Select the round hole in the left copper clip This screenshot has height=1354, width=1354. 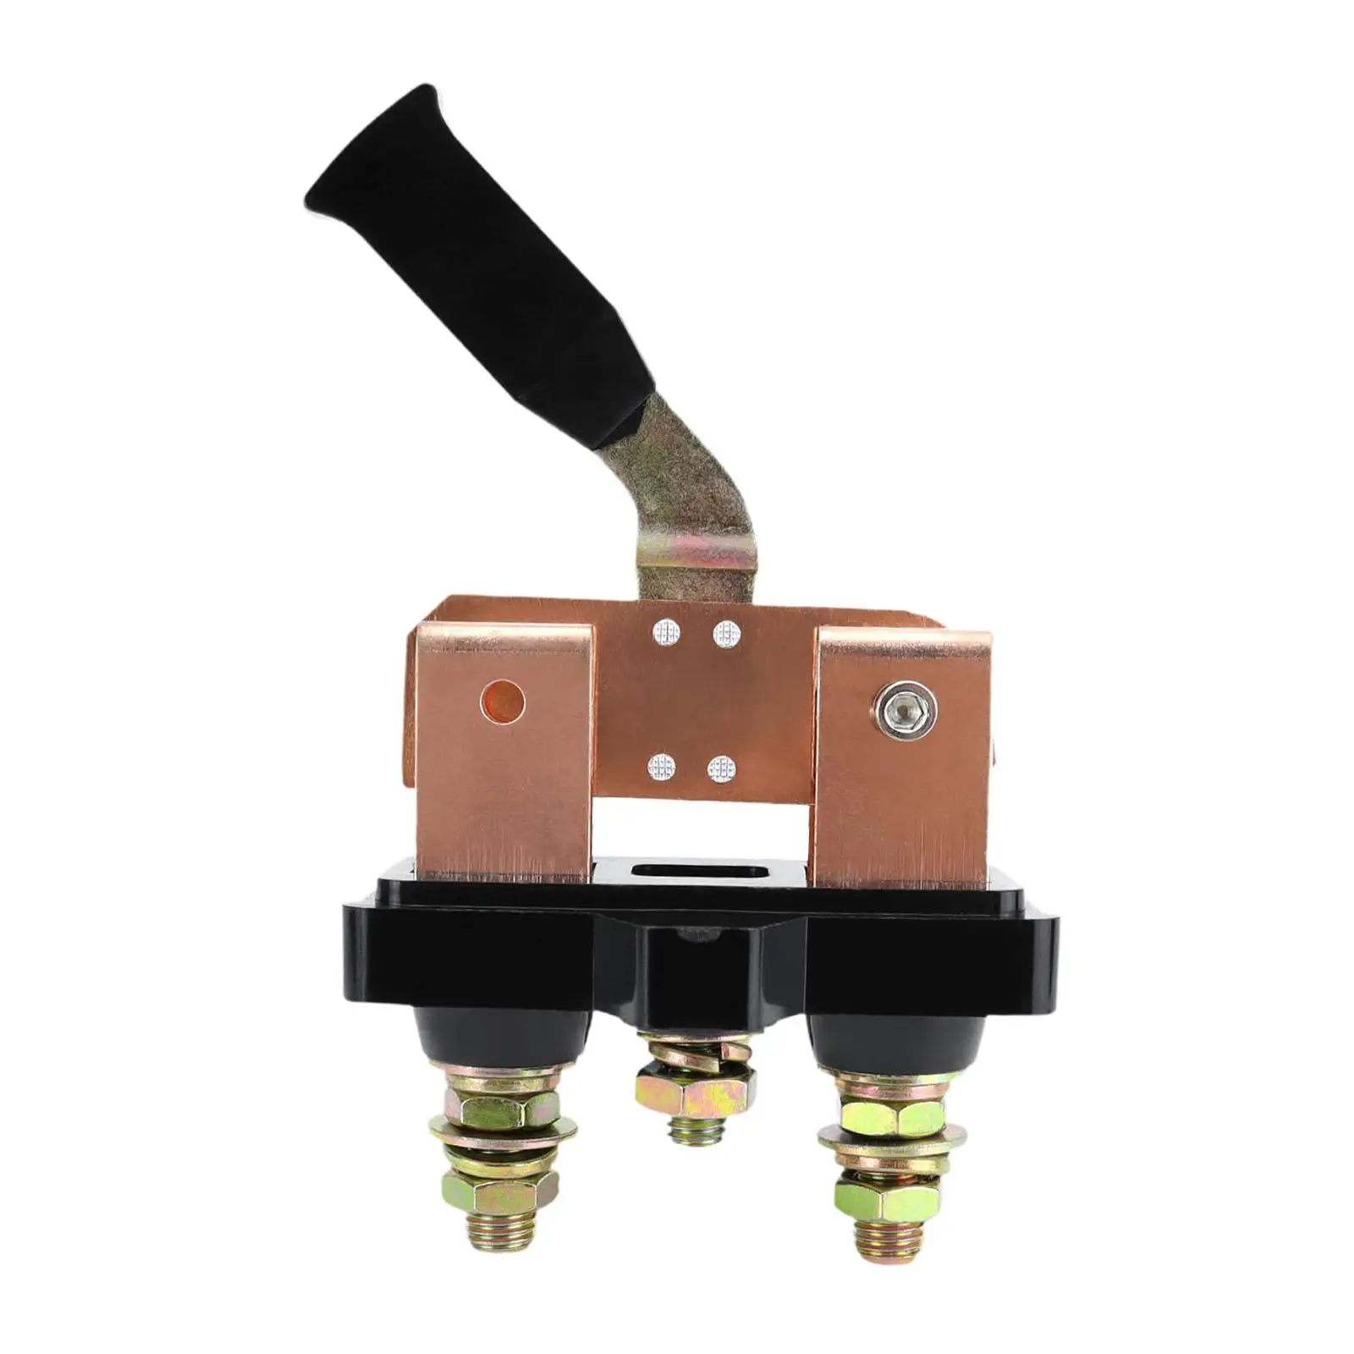point(502,702)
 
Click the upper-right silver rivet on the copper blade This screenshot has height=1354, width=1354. point(726,632)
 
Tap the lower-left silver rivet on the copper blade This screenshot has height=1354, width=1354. point(662,768)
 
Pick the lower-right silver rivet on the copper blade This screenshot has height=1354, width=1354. point(721,768)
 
